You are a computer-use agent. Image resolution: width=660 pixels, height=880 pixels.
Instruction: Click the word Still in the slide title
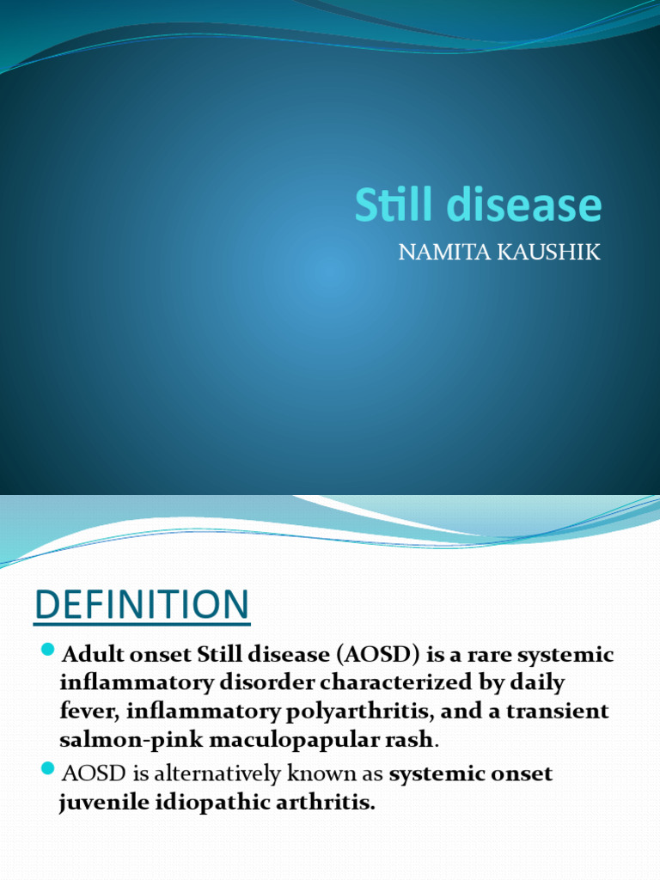point(387,205)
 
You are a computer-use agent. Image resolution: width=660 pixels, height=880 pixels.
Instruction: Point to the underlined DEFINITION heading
point(142,605)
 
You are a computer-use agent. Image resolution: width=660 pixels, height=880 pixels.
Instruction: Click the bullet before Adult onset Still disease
point(47,649)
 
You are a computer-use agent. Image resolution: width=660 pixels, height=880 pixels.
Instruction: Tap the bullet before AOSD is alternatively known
point(47,767)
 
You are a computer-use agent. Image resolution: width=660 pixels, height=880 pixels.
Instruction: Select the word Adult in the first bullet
point(89,655)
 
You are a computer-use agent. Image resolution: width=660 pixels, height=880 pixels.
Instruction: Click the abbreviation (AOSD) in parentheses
point(370,655)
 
